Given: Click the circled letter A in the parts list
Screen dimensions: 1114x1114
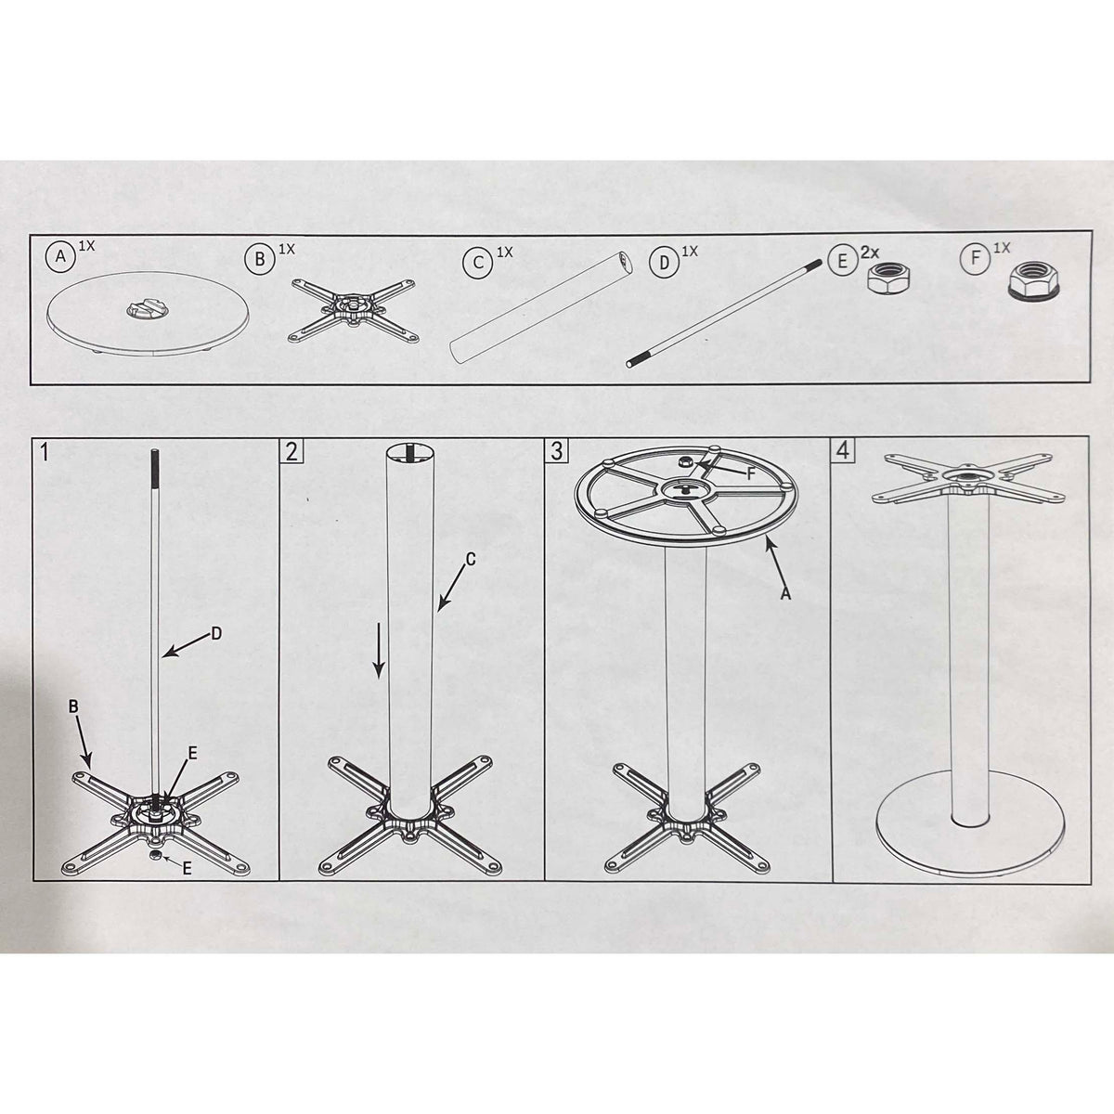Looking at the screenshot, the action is point(60,255).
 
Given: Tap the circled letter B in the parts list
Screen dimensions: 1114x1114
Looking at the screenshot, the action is point(260,260).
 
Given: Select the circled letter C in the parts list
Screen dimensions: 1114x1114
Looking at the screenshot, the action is point(477,263).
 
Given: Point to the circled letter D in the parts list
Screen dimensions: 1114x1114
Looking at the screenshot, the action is point(665,263).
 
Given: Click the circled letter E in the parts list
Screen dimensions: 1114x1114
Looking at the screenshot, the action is point(842,261).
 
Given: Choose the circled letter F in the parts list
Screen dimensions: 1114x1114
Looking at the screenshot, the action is point(976,258).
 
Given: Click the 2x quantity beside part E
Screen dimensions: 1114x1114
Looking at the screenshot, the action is point(870,253).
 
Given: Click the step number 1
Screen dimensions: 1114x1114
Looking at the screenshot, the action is point(45,452).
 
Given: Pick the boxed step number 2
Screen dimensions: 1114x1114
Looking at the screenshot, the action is point(291,451).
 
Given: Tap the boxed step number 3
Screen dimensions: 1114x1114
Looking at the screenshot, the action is point(557,451).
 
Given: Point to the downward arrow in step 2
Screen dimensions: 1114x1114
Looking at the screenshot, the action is point(379,650).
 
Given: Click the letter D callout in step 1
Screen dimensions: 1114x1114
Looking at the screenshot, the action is point(216,634).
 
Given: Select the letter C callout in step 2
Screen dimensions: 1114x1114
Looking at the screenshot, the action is point(470,559).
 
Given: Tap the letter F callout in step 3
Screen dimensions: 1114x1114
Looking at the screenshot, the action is point(750,474).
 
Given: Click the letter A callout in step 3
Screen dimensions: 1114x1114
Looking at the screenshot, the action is point(785,594).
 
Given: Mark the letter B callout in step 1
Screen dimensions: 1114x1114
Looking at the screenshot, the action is point(73,706).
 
